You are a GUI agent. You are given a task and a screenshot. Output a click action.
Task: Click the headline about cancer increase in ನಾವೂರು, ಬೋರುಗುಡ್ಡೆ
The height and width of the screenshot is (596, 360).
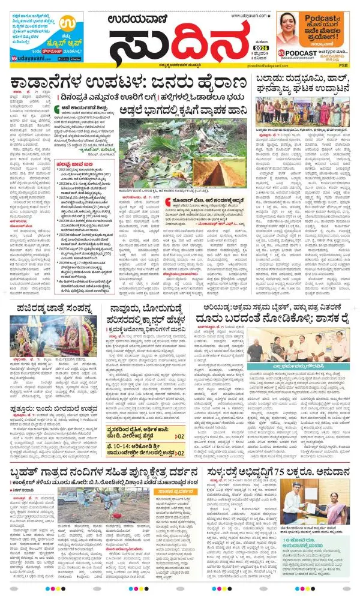(x=148, y=310)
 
